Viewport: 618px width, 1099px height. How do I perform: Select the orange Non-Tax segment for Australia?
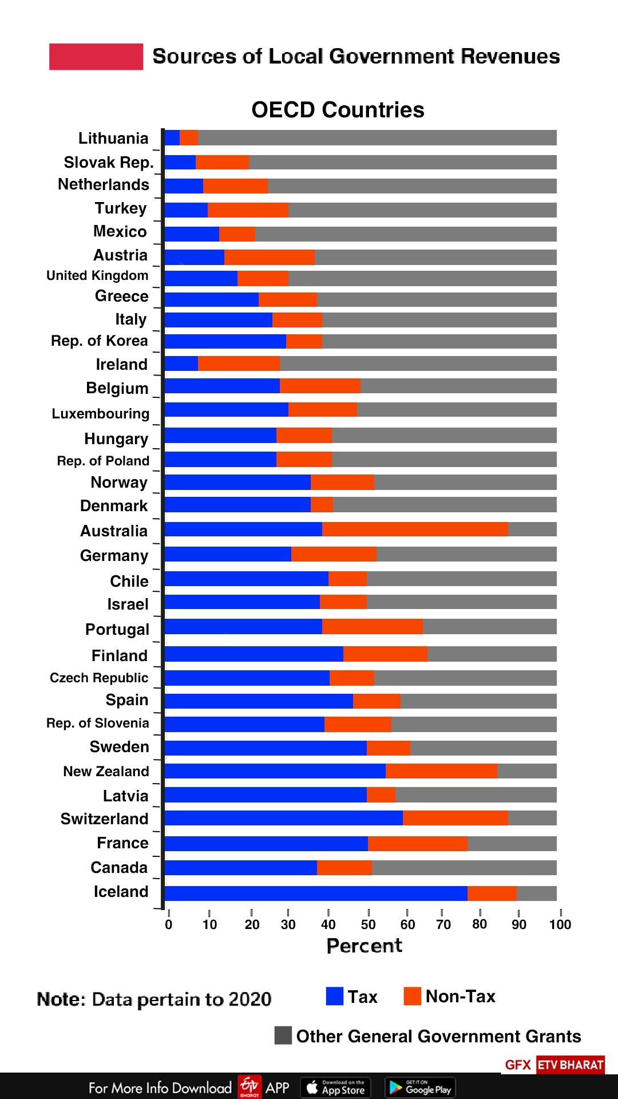[x=415, y=529]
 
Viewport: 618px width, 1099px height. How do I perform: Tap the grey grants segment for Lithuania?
[x=377, y=137]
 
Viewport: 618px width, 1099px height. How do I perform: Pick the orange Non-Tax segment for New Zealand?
[x=441, y=771]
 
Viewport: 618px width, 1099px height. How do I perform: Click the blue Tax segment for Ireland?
[x=181, y=363]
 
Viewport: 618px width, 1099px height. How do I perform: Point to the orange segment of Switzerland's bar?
[x=455, y=818]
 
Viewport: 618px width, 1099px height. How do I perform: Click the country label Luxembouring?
[x=101, y=413]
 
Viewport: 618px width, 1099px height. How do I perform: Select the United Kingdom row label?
[x=97, y=275]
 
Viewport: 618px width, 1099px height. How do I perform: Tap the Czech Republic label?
[x=99, y=678]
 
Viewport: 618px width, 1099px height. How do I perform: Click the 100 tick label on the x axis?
[x=560, y=924]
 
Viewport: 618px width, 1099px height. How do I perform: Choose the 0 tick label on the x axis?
[x=169, y=924]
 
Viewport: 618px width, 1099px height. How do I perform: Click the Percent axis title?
[x=365, y=946]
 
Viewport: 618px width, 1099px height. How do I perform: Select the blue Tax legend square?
[x=335, y=996]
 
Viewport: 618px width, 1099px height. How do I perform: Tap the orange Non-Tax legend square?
[x=412, y=996]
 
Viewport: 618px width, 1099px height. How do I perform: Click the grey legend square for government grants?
[x=283, y=1035]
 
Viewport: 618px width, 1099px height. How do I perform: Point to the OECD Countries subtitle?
[x=338, y=110]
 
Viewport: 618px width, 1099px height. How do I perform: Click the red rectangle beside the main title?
[x=96, y=57]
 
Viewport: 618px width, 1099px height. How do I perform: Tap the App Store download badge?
[x=336, y=1088]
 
